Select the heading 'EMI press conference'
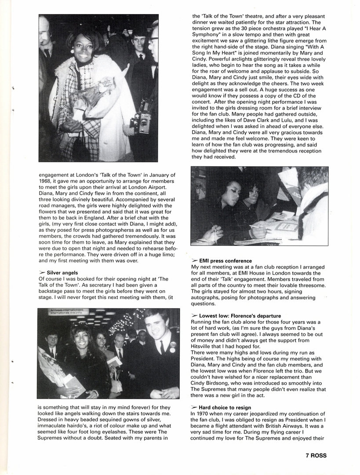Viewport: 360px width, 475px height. tap(225, 261)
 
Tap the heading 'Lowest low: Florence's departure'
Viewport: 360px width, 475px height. tap(240, 316)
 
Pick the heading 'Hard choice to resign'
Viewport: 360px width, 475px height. tap(225, 408)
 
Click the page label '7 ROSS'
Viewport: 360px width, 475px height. tap(316, 456)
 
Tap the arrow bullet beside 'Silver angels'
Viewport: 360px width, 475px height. tap(42, 273)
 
